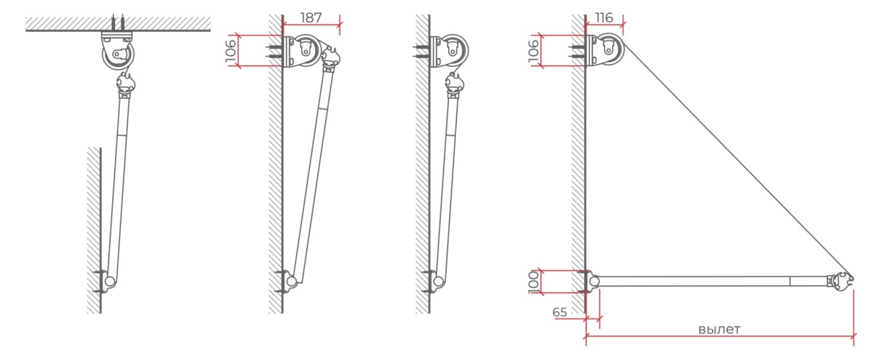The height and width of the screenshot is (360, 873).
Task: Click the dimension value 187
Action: point(311,17)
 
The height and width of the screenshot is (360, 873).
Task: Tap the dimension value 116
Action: point(604,17)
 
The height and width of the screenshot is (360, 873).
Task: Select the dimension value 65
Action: point(559,312)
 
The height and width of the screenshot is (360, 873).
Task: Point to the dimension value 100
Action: point(533,282)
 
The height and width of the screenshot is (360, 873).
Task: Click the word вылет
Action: point(719,329)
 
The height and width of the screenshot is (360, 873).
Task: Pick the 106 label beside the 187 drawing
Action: point(231,51)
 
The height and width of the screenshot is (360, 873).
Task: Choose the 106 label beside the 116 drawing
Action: point(533,51)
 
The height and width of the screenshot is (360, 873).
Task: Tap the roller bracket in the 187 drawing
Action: point(303,51)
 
